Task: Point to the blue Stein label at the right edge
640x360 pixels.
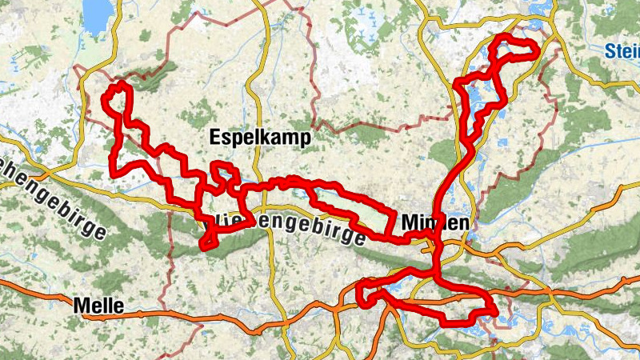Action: tap(622, 51)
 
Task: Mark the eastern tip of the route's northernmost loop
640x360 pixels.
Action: tap(534, 49)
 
